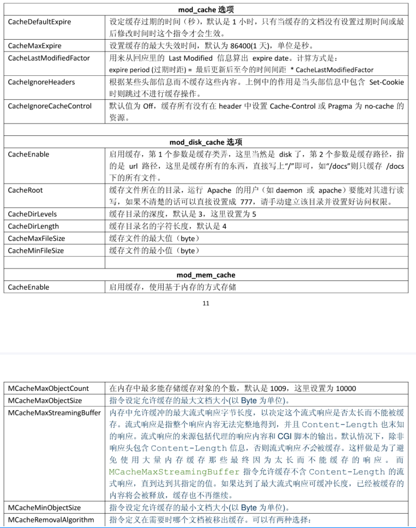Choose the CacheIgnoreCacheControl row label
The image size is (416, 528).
point(50,106)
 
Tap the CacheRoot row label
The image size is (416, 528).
point(26,190)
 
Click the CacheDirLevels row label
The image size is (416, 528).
point(32,214)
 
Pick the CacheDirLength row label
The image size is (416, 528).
point(33,227)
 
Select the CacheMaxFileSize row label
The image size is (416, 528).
point(36,239)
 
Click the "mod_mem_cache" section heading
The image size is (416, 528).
point(206,275)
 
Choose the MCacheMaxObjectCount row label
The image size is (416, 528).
point(48,389)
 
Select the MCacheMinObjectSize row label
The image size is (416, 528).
point(44,508)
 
